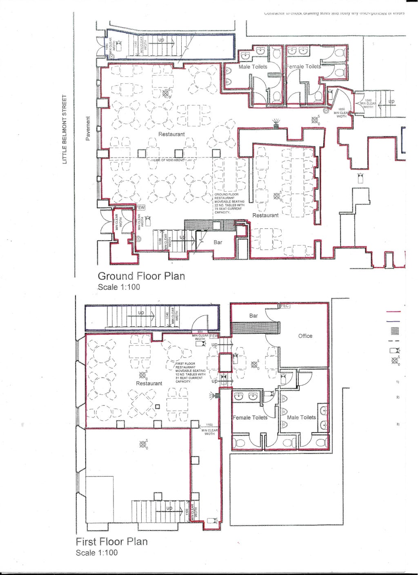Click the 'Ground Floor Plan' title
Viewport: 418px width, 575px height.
tap(141, 276)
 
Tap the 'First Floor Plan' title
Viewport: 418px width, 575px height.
tap(111, 541)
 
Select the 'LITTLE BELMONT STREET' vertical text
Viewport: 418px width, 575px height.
tap(64, 130)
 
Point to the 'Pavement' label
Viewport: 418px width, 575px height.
tap(87, 129)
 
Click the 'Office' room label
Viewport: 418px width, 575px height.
tap(305, 336)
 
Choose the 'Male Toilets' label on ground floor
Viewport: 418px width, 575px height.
tap(253, 67)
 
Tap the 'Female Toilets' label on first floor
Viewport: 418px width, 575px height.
tap(250, 418)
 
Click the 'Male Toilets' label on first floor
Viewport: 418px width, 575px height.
tap(301, 417)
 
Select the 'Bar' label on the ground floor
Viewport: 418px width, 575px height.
tap(218, 242)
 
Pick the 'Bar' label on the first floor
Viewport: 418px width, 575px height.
tap(253, 316)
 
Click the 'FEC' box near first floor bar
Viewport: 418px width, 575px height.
tap(285, 306)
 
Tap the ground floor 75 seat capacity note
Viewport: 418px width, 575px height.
tap(229, 204)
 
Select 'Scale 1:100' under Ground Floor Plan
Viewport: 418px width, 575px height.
tap(119, 287)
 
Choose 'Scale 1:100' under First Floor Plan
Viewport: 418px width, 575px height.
tap(97, 553)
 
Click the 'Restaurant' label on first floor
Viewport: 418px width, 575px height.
tap(149, 383)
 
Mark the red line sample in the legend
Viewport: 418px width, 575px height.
tap(396, 312)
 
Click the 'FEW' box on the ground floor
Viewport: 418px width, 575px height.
tap(140, 208)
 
